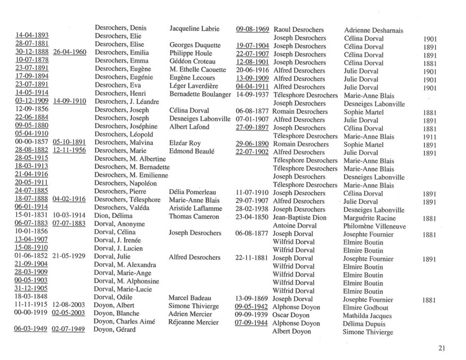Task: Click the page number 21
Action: click(442, 348)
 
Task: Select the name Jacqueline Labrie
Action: click(194, 29)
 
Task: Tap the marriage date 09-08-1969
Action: click(252, 29)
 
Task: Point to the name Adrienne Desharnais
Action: click(373, 30)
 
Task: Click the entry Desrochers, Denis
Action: click(121, 28)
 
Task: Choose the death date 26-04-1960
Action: click(70, 52)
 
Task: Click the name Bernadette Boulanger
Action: click(200, 94)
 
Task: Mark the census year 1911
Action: click(429, 137)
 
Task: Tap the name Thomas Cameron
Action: click(194, 216)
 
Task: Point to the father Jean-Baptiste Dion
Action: click(299, 218)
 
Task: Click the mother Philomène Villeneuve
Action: click(374, 226)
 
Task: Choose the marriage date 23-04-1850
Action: click(252, 217)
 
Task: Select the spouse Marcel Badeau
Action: click(190, 298)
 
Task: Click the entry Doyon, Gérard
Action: click(114, 330)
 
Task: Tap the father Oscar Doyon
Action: click(291, 315)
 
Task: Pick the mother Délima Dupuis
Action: click(364, 324)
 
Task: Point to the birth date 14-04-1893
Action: click(32, 35)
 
